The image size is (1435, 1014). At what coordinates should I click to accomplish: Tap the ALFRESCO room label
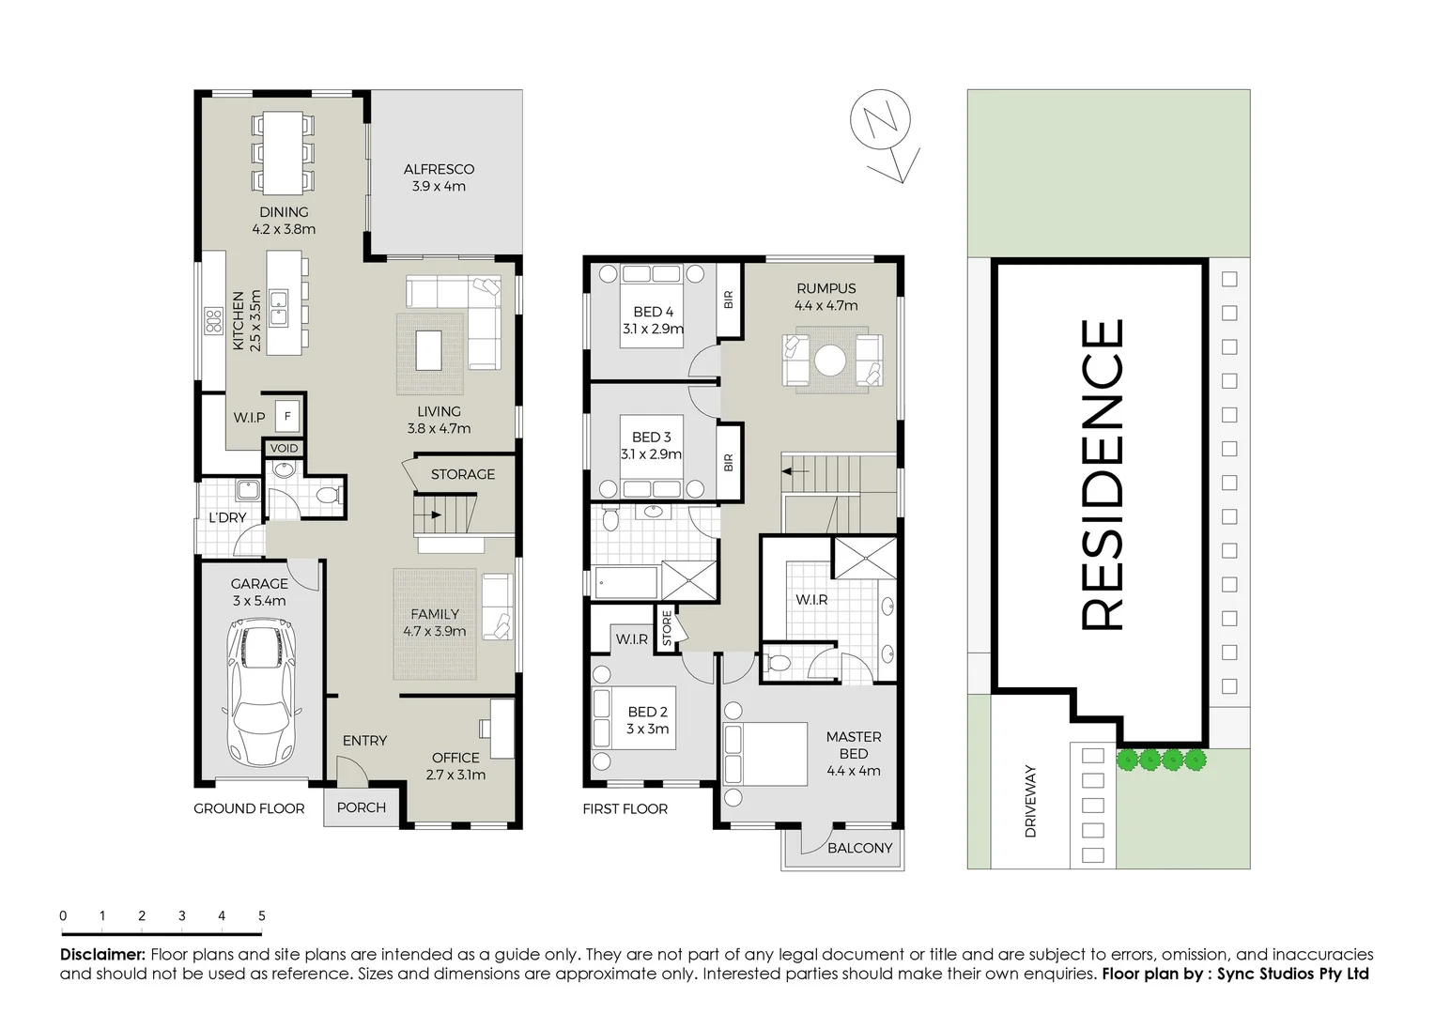(439, 170)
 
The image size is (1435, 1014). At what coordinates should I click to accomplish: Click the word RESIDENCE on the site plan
(1102, 475)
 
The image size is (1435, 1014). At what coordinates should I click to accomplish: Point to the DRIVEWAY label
(1030, 801)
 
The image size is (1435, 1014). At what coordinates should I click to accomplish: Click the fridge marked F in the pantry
(287, 416)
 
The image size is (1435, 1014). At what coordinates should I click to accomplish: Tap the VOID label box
(284, 449)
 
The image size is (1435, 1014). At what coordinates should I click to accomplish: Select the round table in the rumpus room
(831, 361)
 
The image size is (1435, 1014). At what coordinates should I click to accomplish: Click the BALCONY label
(859, 848)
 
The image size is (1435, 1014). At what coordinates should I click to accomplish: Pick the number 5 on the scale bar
(262, 915)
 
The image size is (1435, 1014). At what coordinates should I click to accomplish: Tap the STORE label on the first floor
(667, 628)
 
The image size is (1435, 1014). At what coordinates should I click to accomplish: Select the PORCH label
(361, 807)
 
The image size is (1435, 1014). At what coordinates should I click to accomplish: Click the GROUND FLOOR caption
(249, 808)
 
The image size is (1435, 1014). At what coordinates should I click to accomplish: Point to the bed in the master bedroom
(765, 754)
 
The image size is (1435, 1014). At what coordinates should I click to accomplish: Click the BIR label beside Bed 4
(728, 300)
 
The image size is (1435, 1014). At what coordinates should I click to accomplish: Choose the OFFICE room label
(455, 758)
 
